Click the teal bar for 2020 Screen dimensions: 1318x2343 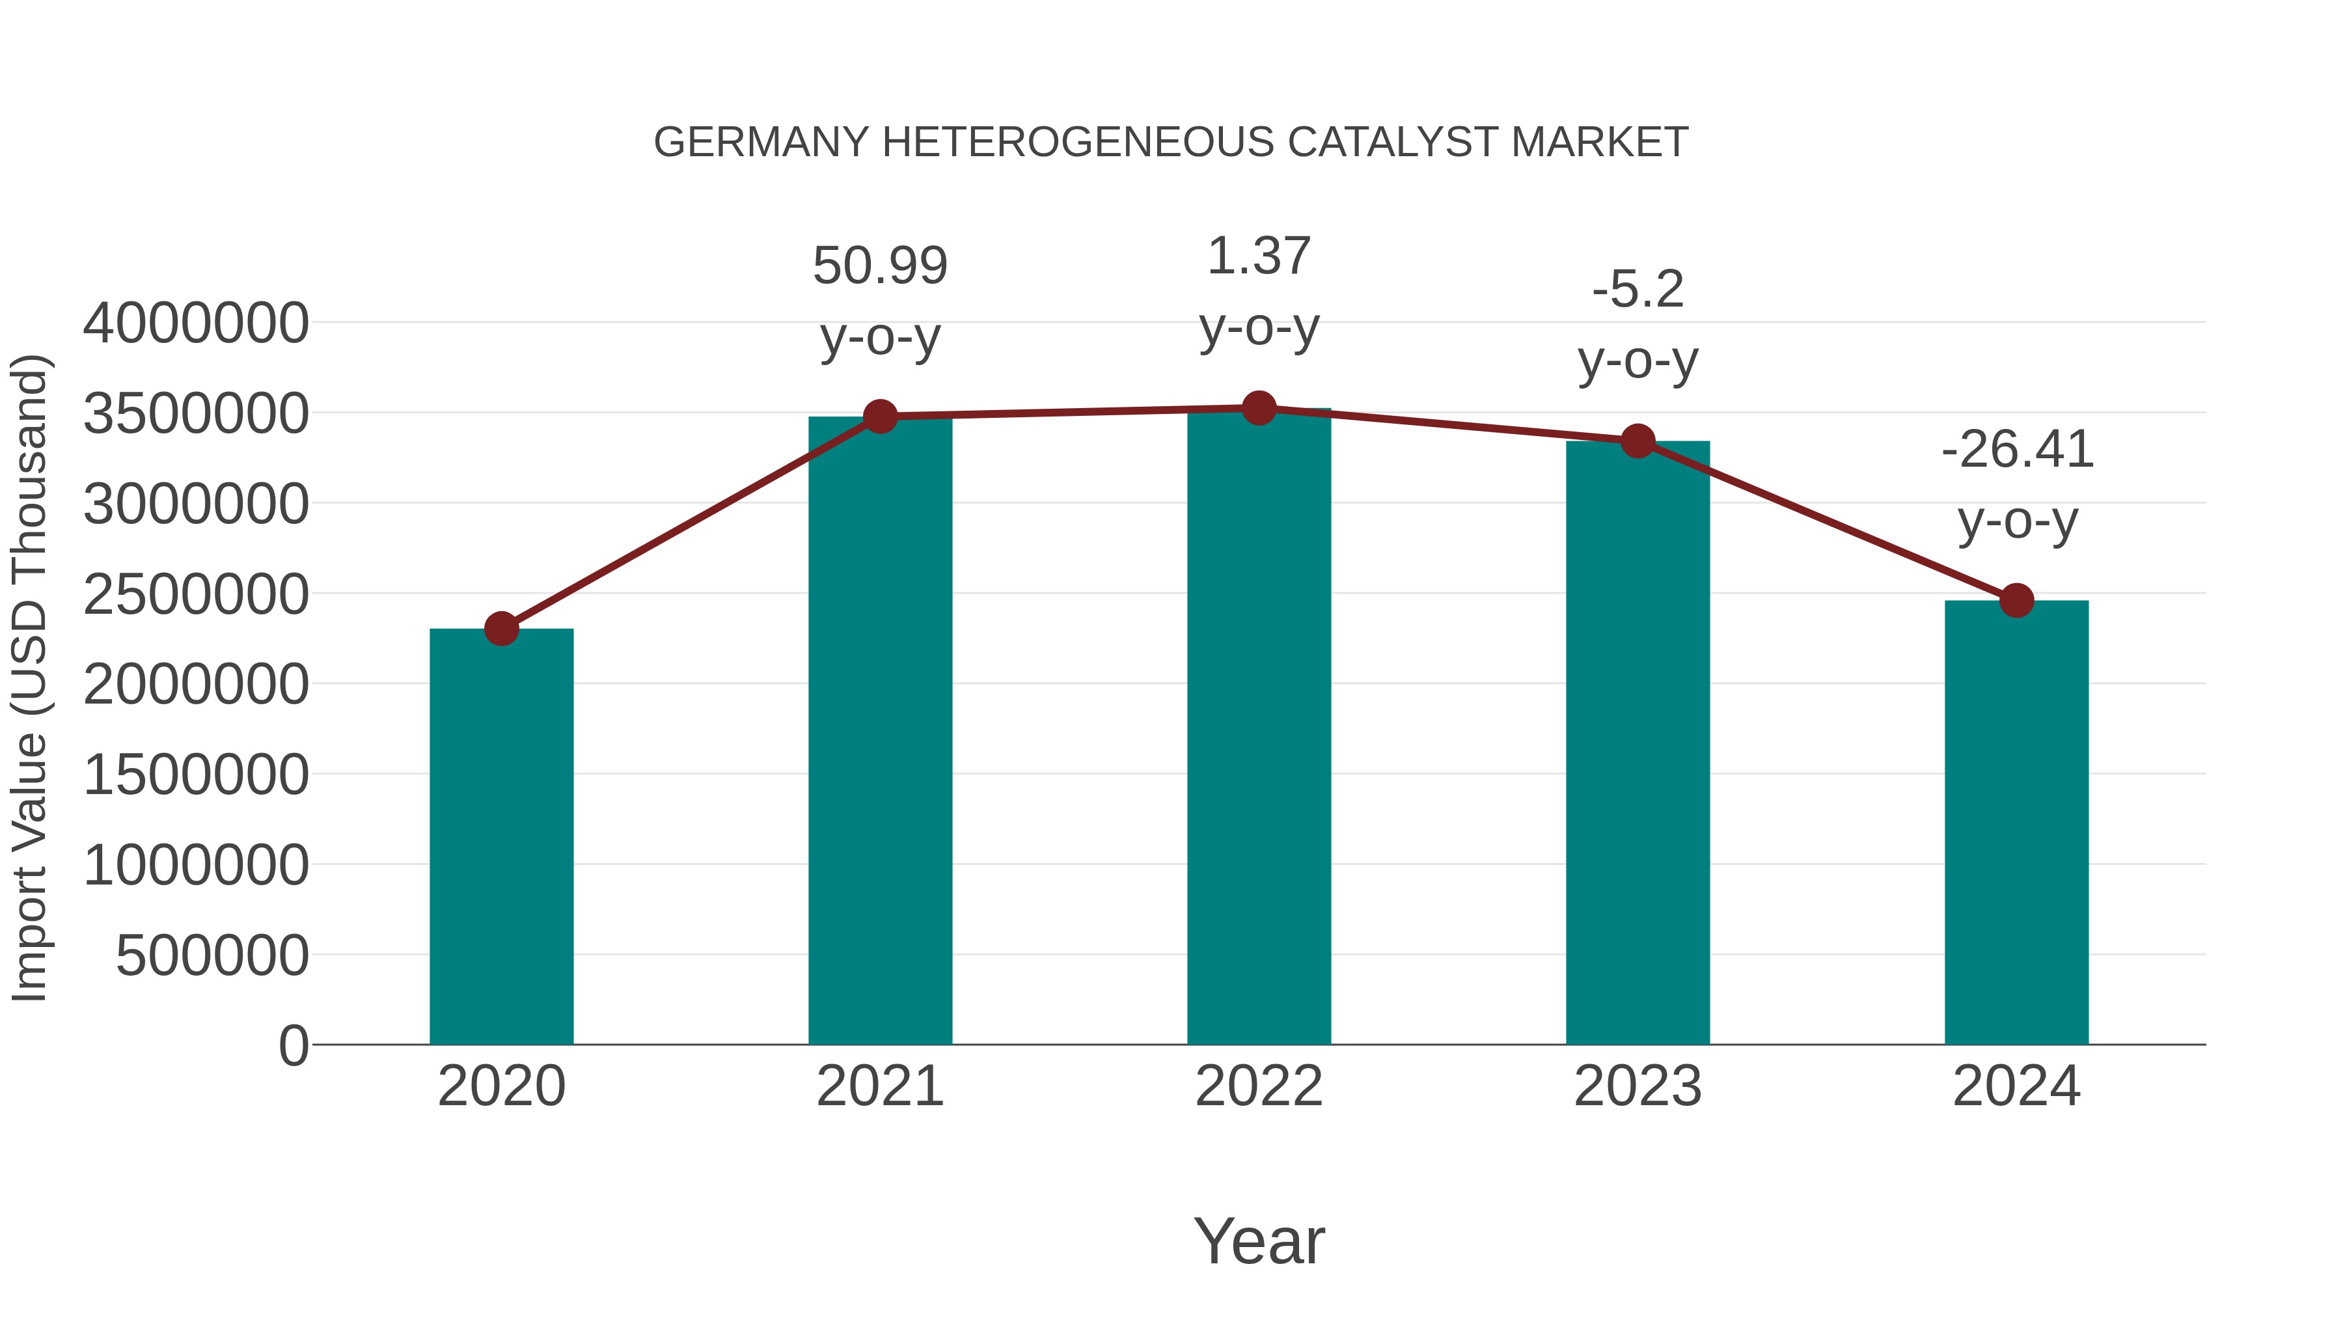click(x=501, y=837)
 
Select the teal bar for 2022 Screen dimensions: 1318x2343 click(x=1259, y=728)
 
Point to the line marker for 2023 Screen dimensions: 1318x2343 click(x=1637, y=442)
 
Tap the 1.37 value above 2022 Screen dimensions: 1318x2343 click(x=1259, y=256)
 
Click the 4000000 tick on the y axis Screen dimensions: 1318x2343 click(x=195, y=323)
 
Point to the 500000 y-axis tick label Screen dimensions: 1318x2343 click(x=212, y=956)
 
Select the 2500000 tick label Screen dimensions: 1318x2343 click(x=195, y=594)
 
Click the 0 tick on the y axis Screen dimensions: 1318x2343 click(x=293, y=1045)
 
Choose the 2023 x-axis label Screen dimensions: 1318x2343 click(x=1637, y=1086)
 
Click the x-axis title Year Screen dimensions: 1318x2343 click(x=1259, y=1241)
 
